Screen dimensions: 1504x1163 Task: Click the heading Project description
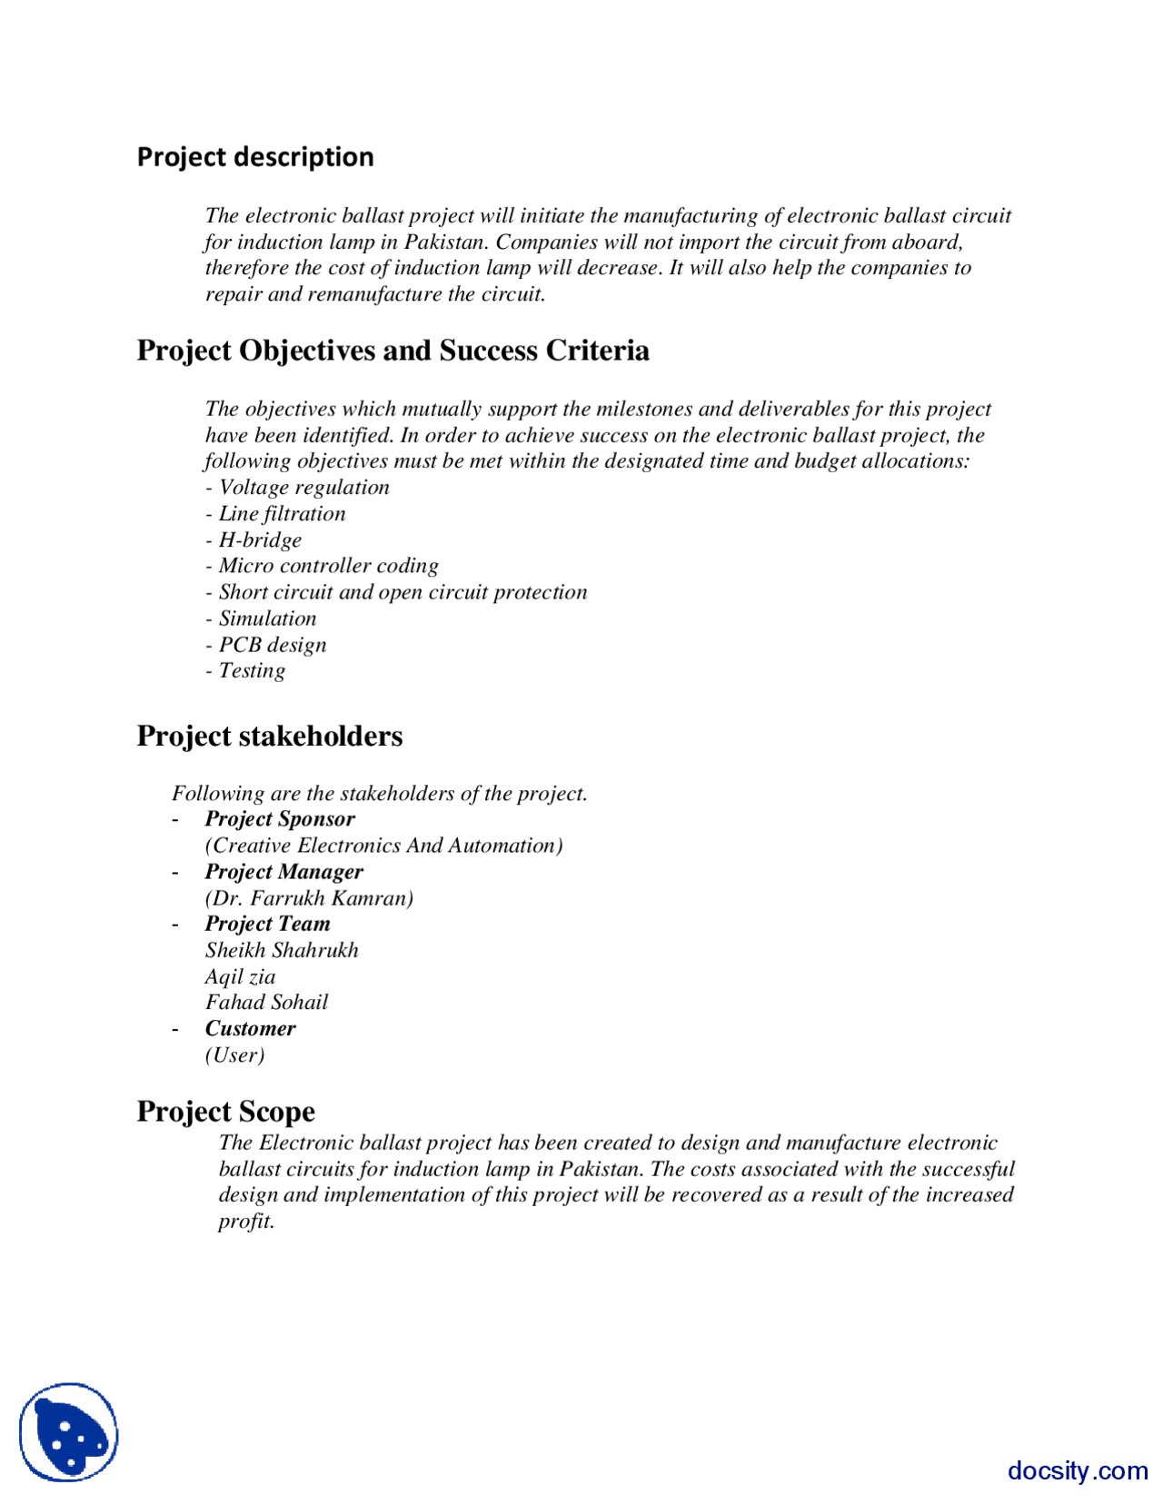255,157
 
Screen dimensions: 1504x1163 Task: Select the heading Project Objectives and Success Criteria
393,351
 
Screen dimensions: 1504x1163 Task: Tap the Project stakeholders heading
269,736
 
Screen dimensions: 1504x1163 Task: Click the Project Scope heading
225,1112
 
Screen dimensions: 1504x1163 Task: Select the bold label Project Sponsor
280,819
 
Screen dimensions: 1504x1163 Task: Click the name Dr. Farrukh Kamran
309,898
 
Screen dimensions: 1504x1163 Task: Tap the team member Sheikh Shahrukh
282,951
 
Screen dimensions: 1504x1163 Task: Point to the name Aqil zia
240,977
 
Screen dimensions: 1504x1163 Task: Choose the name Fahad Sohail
266,1003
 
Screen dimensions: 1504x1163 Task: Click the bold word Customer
250,1029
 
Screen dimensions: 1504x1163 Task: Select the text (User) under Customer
234,1055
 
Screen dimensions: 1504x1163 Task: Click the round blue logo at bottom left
69,1432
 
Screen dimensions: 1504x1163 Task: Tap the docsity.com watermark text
1078,1470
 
